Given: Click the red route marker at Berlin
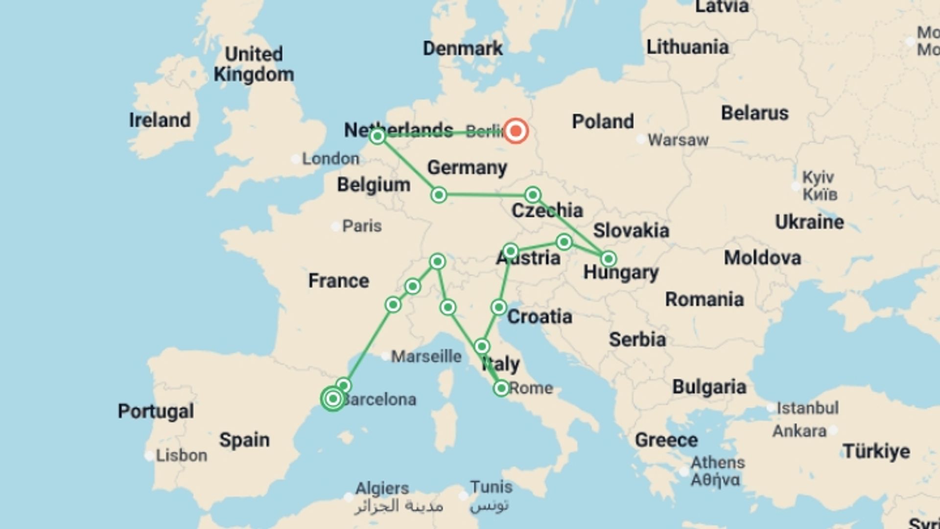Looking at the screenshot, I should click(516, 131).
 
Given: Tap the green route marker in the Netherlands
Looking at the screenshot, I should click(377, 136).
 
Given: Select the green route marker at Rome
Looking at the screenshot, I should click(501, 388).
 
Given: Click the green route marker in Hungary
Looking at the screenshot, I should click(608, 259).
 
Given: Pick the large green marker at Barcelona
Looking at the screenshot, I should click(333, 399).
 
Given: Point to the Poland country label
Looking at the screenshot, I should click(603, 121).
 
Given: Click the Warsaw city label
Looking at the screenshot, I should click(678, 140).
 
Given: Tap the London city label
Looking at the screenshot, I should click(330, 159).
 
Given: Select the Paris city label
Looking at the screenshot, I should click(361, 226).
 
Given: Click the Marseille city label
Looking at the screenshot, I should click(426, 356).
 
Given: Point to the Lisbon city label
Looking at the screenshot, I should click(181, 456).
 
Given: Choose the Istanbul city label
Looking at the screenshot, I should click(807, 408).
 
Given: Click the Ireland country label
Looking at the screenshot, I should click(160, 120).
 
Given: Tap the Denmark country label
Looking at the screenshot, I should click(463, 48).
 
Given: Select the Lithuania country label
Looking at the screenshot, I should click(687, 47).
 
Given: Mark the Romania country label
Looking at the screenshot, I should click(704, 299).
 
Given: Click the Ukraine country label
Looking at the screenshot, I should click(809, 222).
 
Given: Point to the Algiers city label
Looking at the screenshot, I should click(382, 488).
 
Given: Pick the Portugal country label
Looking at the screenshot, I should click(156, 411).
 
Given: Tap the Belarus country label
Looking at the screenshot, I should click(754, 113).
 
